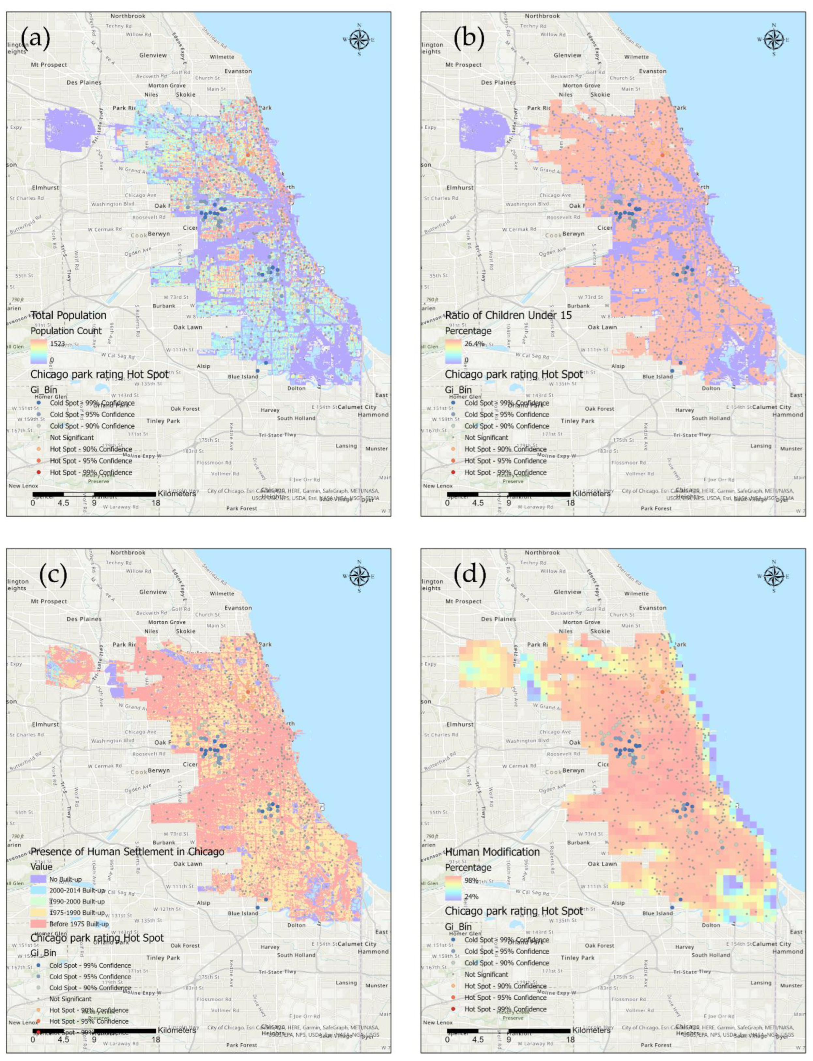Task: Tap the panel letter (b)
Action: pyautogui.click(x=468, y=39)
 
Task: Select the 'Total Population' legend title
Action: pyautogui.click(x=68, y=315)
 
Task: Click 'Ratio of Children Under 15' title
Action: pyautogui.click(x=508, y=315)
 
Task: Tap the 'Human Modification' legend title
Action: pyautogui.click(x=492, y=852)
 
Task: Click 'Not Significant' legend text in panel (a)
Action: pyautogui.click(x=72, y=437)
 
